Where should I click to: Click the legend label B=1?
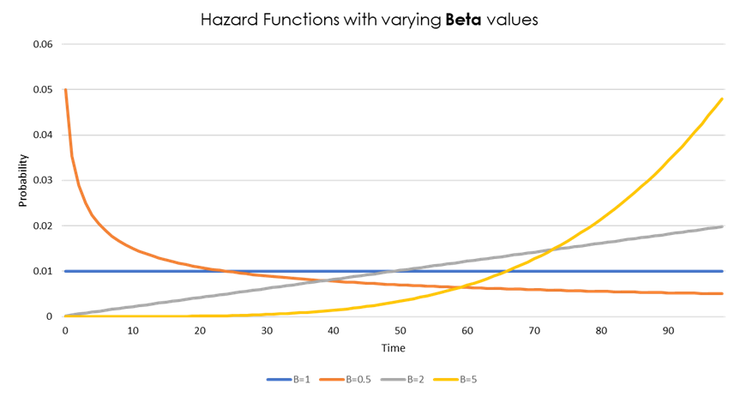301,379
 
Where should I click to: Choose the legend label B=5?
468,379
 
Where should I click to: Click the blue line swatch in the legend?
279,379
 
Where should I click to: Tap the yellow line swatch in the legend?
447,379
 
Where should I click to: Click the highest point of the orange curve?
64,89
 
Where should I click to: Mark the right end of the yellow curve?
723,99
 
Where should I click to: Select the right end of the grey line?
723,226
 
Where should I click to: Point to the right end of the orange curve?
723,293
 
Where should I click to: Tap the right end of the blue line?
723,271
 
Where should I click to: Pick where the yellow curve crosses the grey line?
555,249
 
